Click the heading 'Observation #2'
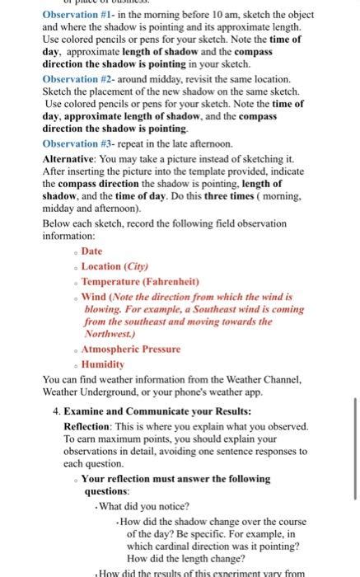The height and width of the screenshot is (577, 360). pos(78,79)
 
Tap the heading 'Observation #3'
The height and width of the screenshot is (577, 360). pos(78,143)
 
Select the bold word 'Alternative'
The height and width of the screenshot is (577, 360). pos(72,157)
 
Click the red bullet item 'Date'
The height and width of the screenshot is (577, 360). pos(92,251)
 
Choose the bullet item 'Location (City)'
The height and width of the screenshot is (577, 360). pos(115,265)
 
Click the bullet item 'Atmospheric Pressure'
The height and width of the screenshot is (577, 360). pos(131,349)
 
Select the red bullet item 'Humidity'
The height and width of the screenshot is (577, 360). pos(103,364)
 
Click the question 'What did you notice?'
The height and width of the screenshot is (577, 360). pos(145,506)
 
